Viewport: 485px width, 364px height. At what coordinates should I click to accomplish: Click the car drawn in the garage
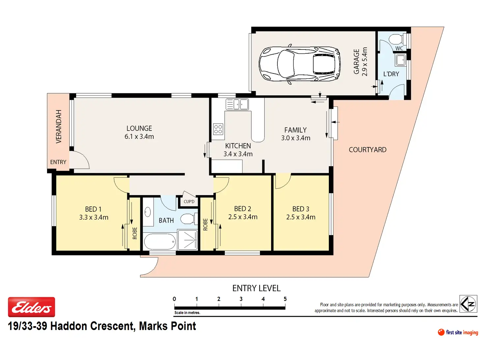tap(300, 64)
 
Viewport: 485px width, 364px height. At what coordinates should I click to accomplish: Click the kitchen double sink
tap(237, 104)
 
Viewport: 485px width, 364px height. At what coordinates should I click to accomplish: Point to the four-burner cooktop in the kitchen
tap(218, 129)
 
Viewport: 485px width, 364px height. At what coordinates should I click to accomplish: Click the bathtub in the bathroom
tap(160, 242)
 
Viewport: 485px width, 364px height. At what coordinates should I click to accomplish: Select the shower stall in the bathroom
tap(187, 240)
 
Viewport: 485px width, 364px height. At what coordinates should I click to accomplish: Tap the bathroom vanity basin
tap(148, 213)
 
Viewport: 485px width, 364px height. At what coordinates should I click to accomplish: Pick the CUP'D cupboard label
tap(189, 201)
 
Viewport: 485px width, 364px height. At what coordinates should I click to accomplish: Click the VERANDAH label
tap(59, 126)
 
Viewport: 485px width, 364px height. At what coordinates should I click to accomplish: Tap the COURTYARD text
tap(367, 150)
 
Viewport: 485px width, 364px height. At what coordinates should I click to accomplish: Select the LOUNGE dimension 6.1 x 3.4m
tap(139, 136)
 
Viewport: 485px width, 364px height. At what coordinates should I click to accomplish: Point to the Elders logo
tap(31, 307)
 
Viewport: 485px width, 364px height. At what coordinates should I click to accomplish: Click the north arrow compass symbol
tap(468, 304)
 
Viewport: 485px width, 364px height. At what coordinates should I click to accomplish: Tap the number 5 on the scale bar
tap(285, 299)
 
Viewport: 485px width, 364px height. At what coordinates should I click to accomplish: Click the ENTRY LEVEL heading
tap(256, 288)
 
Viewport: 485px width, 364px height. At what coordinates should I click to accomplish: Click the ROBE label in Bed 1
tap(135, 233)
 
